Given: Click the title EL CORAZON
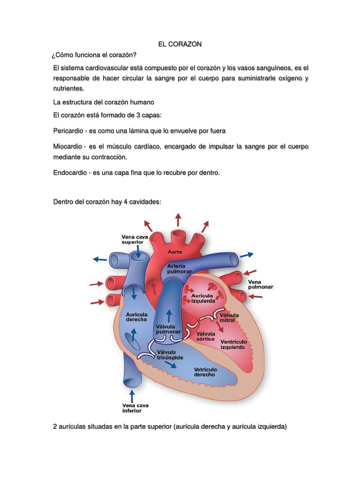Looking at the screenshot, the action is (180, 44).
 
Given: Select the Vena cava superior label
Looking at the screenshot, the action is (135, 240).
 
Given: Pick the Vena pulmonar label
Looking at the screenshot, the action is (260, 284).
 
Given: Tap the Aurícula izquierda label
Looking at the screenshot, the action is (202, 298).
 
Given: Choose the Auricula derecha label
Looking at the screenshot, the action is (136, 316).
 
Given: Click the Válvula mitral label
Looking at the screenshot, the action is (230, 317).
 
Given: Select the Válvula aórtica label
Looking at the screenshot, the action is (206, 336).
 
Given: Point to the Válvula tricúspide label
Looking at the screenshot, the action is (170, 354).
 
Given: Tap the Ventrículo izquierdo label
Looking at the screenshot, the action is (233, 345).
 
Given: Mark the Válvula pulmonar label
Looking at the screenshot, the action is (168, 329).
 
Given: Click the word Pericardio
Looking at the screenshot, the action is (69, 131).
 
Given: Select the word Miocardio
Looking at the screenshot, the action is (68, 147).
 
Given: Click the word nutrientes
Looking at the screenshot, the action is (69, 88).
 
